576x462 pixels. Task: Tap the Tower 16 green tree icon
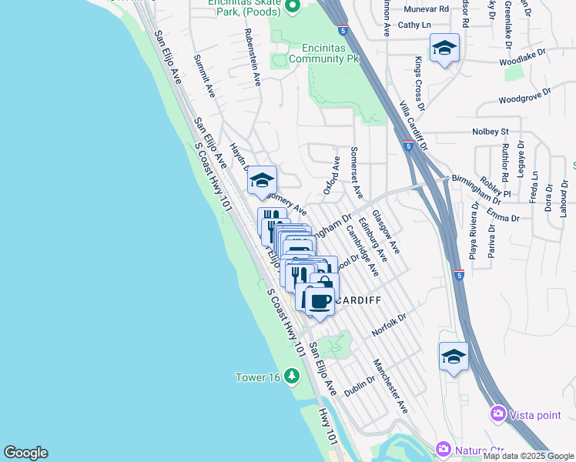pyautogui.click(x=291, y=377)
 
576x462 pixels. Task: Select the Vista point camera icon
pyautogui.click(x=498, y=415)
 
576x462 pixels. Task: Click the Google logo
pyautogui.click(x=25, y=453)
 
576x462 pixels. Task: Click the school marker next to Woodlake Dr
pyautogui.click(x=444, y=49)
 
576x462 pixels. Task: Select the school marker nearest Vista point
pyautogui.click(x=454, y=356)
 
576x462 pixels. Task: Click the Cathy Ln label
pyautogui.click(x=414, y=25)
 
